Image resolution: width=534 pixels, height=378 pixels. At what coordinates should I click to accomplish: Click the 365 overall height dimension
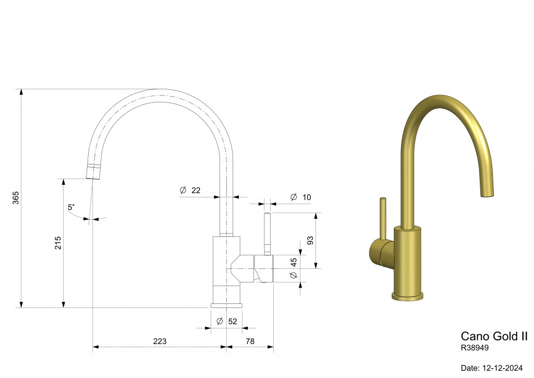click(16, 197)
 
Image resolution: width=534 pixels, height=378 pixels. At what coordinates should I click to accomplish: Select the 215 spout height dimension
click(58, 243)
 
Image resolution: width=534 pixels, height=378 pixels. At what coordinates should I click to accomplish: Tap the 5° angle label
click(71, 207)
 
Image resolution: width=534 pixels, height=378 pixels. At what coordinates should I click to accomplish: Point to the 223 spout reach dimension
click(160, 341)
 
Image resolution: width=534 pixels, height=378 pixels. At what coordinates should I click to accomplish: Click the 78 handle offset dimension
click(250, 341)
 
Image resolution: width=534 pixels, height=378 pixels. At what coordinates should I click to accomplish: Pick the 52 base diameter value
click(233, 321)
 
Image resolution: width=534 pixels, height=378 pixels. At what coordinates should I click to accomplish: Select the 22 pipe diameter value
click(196, 191)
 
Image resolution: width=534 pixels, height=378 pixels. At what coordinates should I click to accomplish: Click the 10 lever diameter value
click(306, 197)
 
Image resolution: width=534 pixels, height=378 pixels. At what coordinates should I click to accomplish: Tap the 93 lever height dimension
click(310, 240)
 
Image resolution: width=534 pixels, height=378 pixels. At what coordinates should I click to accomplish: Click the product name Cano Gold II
click(494, 336)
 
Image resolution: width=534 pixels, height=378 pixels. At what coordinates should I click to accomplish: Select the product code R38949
click(475, 347)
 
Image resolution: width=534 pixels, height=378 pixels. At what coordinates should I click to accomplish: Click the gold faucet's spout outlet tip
click(486, 195)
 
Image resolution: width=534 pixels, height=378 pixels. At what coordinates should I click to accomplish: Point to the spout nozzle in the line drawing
click(93, 172)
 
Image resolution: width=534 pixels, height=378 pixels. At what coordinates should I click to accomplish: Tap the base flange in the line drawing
click(226, 305)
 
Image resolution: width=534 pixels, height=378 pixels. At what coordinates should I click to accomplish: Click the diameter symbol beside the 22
click(183, 191)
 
